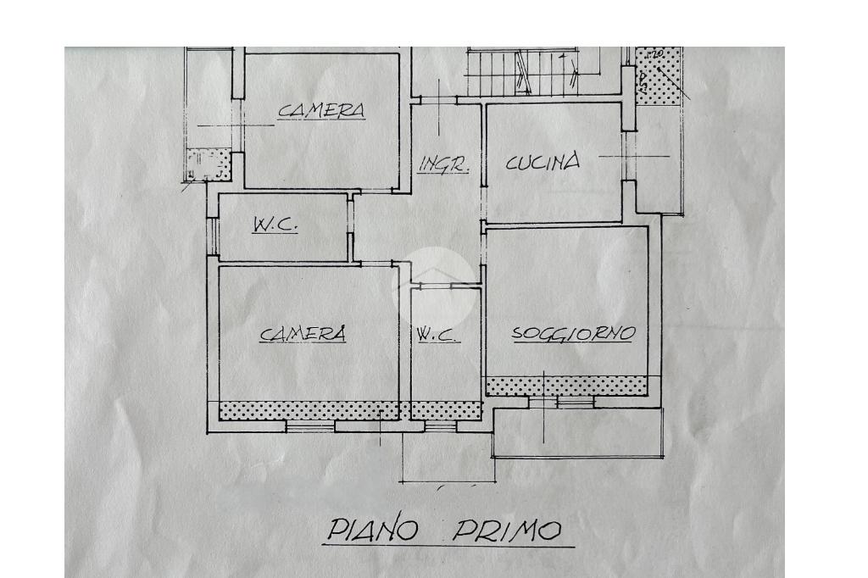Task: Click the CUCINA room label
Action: pyautogui.click(x=543, y=162)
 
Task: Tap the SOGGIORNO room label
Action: pyautogui.click(x=573, y=334)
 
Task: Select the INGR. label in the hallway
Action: pyautogui.click(x=443, y=164)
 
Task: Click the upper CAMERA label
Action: pyautogui.click(x=322, y=110)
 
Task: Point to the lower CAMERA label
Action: pyautogui.click(x=303, y=335)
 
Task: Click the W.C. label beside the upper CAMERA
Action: pyautogui.click(x=275, y=225)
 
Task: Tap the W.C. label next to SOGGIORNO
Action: pyautogui.click(x=438, y=336)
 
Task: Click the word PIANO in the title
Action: pyautogui.click(x=373, y=531)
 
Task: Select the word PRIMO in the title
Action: pyautogui.click(x=506, y=531)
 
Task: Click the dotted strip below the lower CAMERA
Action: pyautogui.click(x=309, y=411)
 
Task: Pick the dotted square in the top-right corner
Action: pyautogui.click(x=659, y=76)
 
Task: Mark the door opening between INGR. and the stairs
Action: pyautogui.click(x=438, y=101)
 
